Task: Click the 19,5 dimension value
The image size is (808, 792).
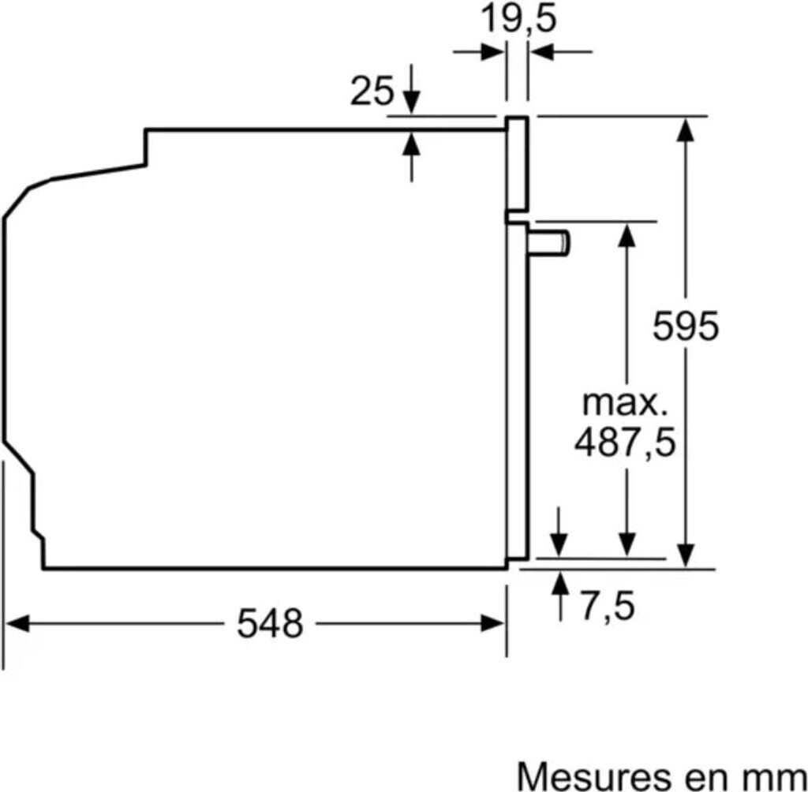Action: pos(518,20)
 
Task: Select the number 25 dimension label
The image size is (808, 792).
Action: pos(372,92)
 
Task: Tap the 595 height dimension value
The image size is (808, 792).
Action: pos(686,326)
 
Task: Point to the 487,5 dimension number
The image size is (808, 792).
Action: pos(625,443)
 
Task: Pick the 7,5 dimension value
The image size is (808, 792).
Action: pos(608,607)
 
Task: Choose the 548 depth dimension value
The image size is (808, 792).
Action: pos(270,623)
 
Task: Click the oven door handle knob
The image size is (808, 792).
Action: pos(549,243)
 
